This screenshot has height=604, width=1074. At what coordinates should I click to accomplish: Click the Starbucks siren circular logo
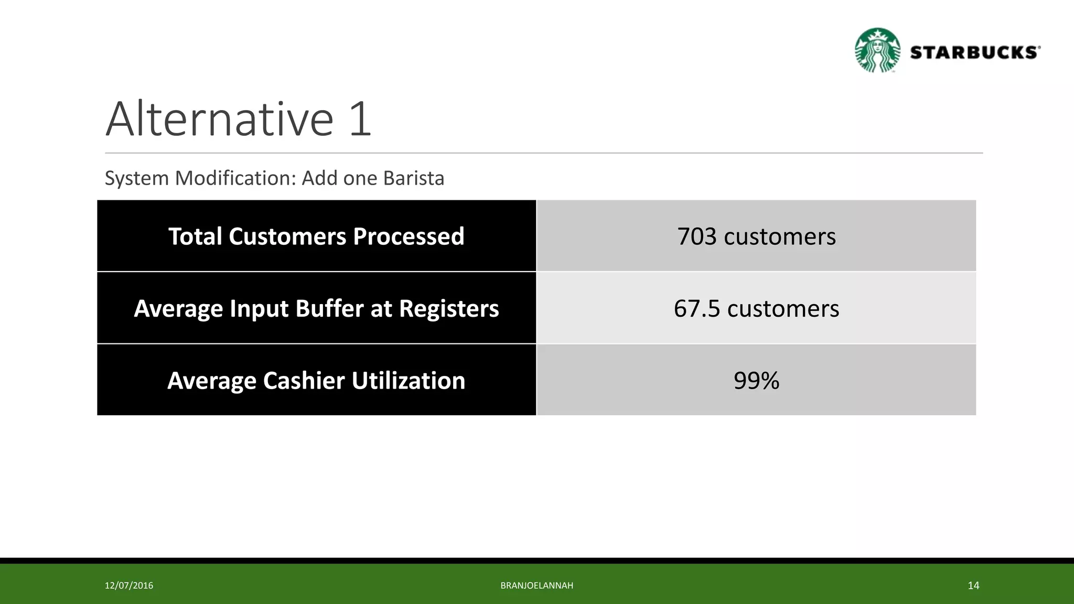[877, 50]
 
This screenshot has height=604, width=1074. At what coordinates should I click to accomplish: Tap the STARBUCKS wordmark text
[975, 52]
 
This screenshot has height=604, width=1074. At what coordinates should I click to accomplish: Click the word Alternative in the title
[220, 120]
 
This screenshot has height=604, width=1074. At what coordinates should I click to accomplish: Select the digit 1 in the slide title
[360, 120]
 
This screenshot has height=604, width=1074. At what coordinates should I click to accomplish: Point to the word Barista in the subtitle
[414, 178]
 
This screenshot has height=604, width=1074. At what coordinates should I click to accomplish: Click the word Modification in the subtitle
[236, 178]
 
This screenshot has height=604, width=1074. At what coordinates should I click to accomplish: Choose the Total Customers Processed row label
[316, 236]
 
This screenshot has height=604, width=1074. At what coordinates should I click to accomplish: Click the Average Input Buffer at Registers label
[316, 308]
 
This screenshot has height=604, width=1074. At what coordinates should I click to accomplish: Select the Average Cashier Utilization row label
[316, 380]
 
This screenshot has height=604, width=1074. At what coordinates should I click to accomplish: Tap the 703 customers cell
[756, 236]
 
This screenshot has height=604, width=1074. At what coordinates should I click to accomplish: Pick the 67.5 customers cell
[756, 308]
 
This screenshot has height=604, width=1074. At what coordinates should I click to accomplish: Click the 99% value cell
[756, 380]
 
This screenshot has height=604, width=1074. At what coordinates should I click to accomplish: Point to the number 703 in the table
[697, 236]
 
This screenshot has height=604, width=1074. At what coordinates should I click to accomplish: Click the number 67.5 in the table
[697, 308]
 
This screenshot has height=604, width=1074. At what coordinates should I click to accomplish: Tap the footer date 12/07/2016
[129, 586]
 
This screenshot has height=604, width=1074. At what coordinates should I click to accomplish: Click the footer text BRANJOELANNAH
[536, 586]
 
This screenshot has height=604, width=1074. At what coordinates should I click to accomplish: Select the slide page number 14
[973, 586]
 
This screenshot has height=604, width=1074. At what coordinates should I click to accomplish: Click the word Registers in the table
[449, 308]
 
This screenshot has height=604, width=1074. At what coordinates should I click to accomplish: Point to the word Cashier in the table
[304, 381]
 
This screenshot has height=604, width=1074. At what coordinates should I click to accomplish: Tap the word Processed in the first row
[409, 236]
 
